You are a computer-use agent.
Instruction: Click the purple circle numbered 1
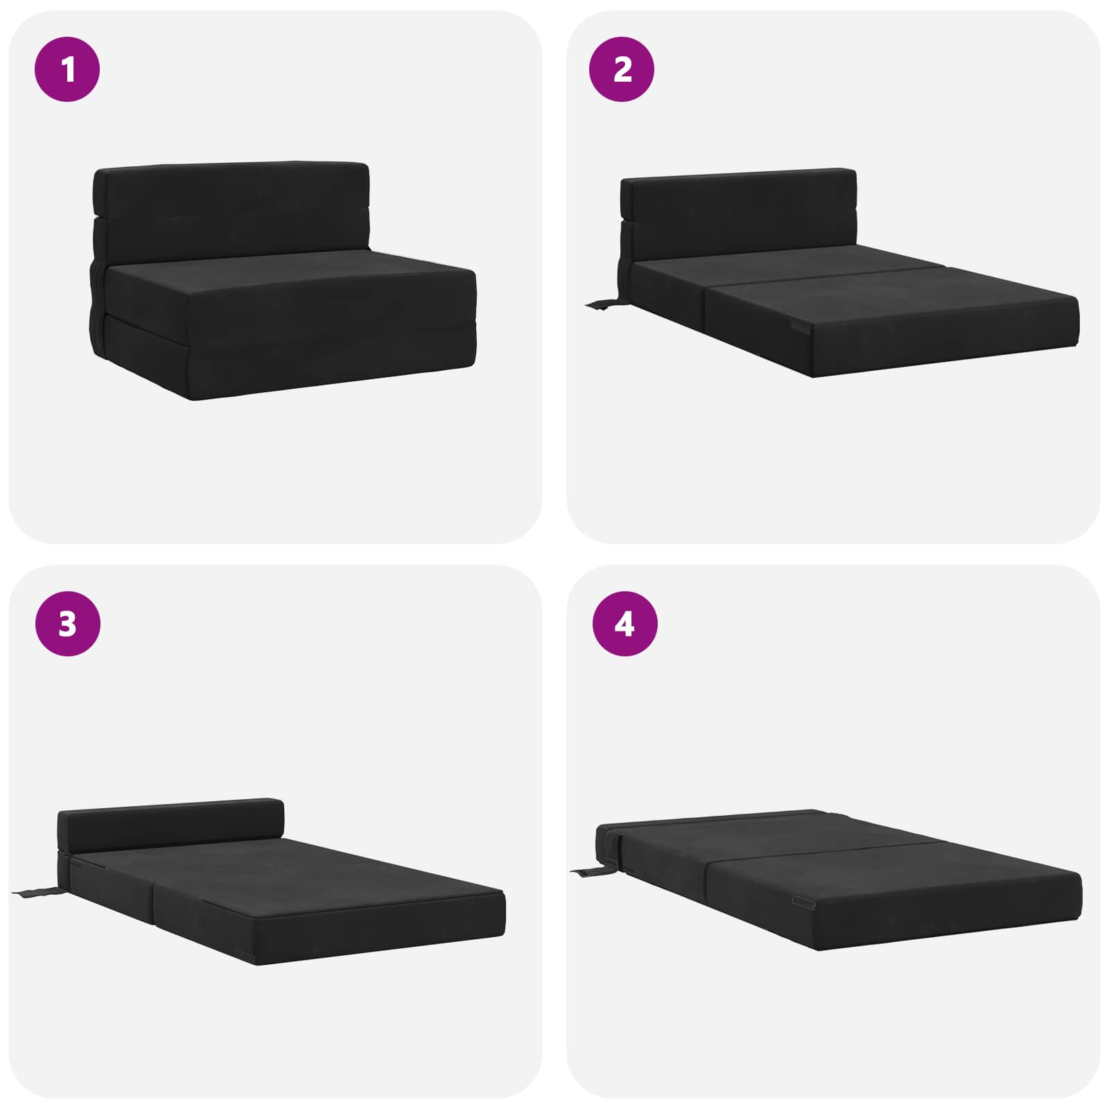click(x=67, y=69)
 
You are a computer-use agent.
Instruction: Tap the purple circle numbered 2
click(x=622, y=69)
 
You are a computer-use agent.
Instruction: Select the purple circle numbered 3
click(x=67, y=624)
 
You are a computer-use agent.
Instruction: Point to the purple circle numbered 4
click(x=625, y=624)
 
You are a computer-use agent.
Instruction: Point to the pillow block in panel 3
click(x=171, y=825)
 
